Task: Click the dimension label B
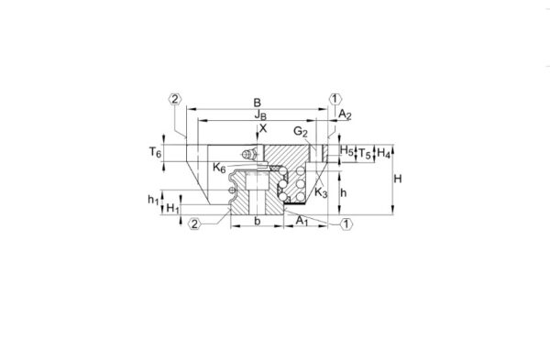(258, 104)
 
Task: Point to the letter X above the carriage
(263, 129)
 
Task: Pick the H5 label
(346, 150)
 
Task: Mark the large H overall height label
(397, 180)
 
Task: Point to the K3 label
(321, 192)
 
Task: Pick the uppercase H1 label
(172, 210)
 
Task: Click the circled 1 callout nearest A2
(335, 98)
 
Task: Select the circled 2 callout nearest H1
(193, 223)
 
